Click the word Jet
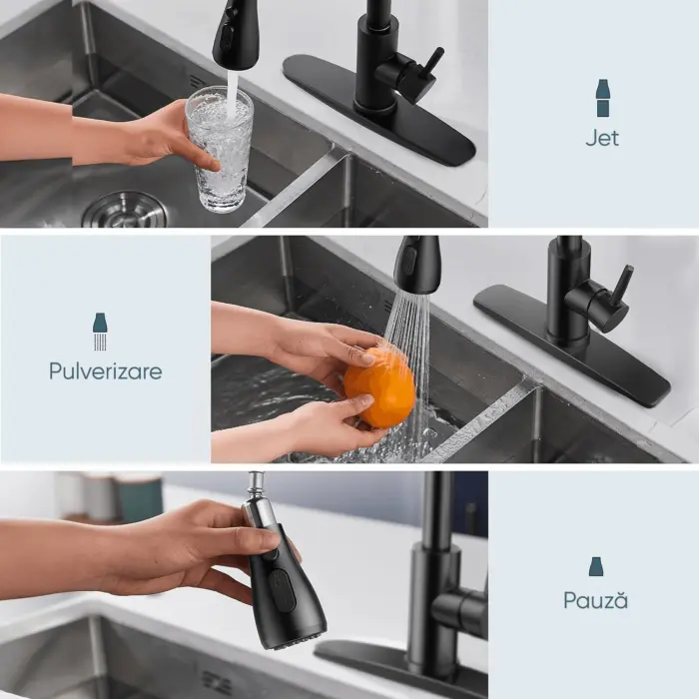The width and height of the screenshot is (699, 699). [x=602, y=138]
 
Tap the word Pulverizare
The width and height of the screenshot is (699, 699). [x=106, y=370]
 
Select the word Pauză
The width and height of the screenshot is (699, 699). [x=595, y=599]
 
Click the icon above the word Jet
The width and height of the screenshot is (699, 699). [x=602, y=98]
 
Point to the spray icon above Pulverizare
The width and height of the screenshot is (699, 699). [x=100, y=332]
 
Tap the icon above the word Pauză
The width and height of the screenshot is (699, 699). [x=596, y=566]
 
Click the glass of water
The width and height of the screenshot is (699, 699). [x=220, y=150]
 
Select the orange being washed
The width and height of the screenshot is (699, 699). [x=379, y=387]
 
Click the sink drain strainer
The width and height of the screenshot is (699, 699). [x=125, y=210]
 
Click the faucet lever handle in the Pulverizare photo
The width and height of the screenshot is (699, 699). [x=623, y=286]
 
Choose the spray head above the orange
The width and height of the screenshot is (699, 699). [x=416, y=265]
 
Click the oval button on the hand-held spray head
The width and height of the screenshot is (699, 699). [x=282, y=590]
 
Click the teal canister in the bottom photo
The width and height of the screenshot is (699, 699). [x=140, y=497]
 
